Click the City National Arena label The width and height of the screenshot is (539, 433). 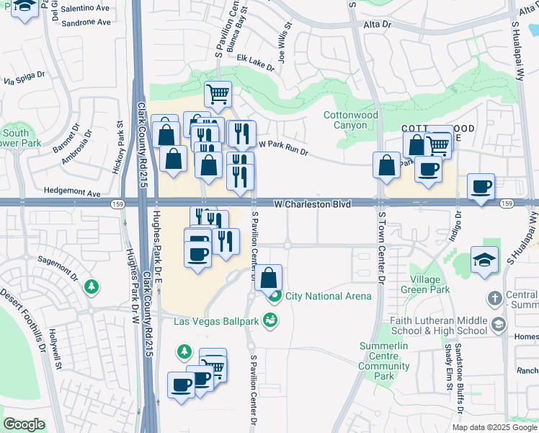pyautogui.click(x=329, y=296)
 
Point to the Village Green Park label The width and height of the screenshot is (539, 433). pyautogui.click(x=430, y=284)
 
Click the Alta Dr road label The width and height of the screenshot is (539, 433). pyautogui.click(x=377, y=24)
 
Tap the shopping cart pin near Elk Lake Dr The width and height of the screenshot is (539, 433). pyautogui.click(x=218, y=94)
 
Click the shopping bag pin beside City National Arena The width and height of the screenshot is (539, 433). pyautogui.click(x=268, y=278)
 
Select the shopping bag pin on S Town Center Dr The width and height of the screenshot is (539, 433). pyautogui.click(x=386, y=165)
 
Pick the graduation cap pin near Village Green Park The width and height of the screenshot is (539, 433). pyautogui.click(x=484, y=260)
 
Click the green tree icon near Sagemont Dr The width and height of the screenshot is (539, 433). pyautogui.click(x=92, y=287)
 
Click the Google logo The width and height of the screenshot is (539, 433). pyautogui.click(x=24, y=424)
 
